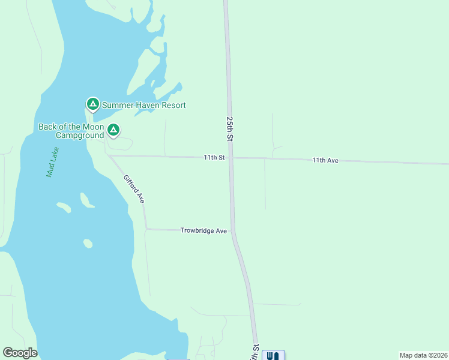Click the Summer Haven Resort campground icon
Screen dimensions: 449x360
tap(92, 104)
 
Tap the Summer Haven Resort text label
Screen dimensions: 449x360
tap(143, 105)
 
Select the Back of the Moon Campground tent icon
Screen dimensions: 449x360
tap(113, 130)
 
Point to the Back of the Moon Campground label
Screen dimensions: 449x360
tap(70, 131)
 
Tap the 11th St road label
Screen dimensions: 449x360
tap(214, 158)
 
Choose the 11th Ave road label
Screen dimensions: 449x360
tap(326, 161)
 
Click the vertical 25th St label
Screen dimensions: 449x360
tap(230, 128)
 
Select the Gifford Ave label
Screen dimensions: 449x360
tap(134, 188)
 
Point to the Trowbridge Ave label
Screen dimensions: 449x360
tap(203, 230)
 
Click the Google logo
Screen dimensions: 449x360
tap(20, 353)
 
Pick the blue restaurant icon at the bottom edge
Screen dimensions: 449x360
tap(273, 355)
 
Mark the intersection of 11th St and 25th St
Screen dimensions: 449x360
tap(231, 158)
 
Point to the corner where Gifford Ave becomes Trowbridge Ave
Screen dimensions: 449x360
tap(146, 229)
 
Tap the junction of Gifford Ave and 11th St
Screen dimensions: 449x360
tap(109, 155)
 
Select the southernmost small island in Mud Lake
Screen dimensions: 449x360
tap(88, 243)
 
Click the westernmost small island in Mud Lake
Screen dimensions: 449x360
tap(64, 207)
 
